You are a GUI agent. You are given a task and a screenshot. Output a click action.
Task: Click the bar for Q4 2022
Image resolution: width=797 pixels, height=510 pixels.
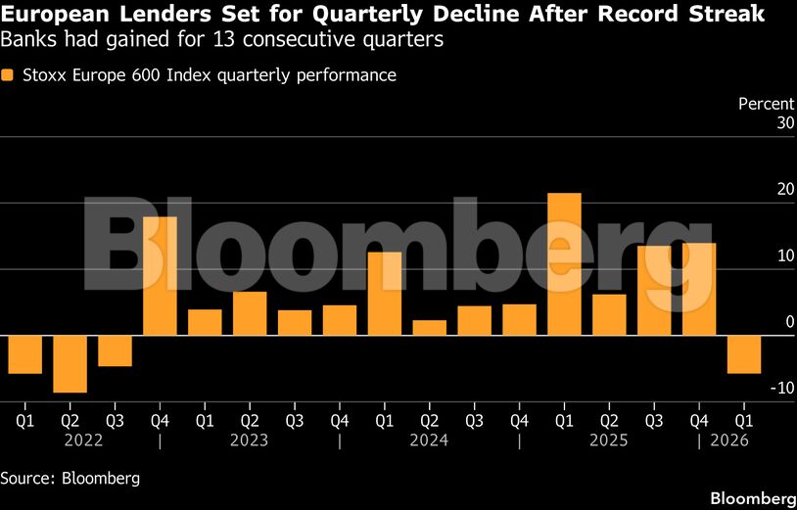161,276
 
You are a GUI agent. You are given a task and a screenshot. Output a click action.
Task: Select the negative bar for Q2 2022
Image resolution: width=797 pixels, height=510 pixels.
70,364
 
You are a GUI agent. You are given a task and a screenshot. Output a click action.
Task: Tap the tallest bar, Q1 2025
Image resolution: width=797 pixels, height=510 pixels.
564,264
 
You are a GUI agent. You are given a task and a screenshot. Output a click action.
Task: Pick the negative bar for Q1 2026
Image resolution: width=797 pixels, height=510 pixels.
744,354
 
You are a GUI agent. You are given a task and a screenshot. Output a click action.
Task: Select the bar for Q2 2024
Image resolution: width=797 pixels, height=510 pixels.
430,328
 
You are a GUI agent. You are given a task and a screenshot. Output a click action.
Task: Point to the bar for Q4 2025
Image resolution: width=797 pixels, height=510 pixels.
699,289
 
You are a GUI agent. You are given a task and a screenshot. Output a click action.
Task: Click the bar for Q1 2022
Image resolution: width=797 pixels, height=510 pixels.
25,354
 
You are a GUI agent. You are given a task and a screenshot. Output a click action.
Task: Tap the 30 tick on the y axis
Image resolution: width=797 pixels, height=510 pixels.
758,123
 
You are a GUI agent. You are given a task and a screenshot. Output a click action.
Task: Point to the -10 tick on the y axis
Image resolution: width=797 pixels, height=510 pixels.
754,389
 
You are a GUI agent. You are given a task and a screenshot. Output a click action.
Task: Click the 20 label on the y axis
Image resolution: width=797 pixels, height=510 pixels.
758,190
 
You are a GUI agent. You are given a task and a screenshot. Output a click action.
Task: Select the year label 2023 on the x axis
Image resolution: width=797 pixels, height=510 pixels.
249,441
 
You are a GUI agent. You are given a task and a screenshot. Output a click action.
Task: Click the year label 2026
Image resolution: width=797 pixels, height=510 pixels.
729,441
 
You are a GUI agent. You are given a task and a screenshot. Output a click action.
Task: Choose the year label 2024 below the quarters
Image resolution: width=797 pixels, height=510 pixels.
429,441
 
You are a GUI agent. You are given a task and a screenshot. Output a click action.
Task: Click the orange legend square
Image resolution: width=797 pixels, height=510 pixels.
8,75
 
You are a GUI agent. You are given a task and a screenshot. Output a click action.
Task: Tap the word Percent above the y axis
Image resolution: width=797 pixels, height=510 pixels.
766,103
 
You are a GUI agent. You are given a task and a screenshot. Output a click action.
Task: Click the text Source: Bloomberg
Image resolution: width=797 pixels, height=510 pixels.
70,479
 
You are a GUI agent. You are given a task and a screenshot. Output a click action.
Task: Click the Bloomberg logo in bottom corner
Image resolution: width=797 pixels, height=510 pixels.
752,496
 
